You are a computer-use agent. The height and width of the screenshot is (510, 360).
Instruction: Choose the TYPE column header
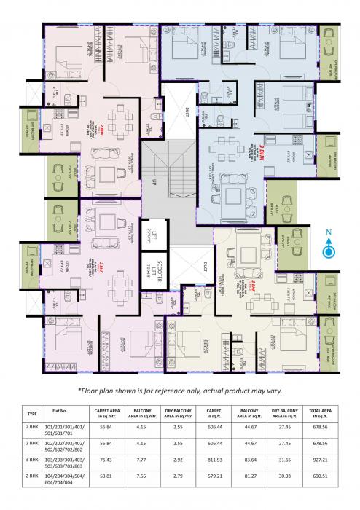[31, 412]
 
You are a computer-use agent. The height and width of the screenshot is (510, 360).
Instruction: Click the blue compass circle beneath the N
[329, 251]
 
